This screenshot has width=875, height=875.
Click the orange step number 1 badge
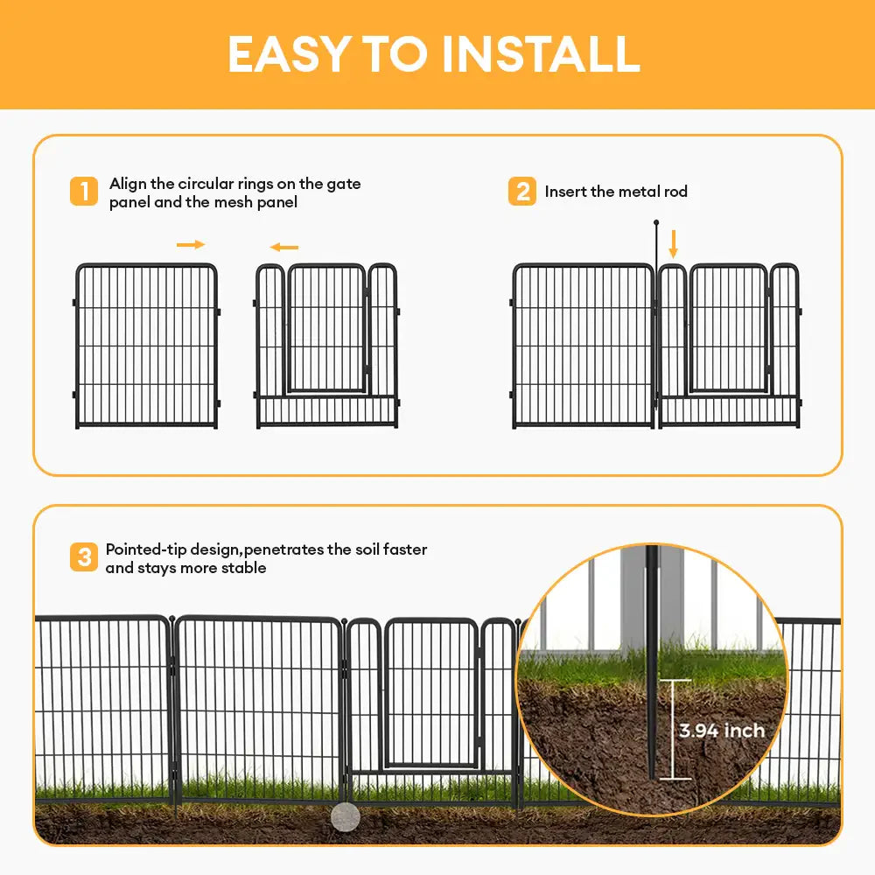(84, 191)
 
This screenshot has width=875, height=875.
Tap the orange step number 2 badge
(522, 191)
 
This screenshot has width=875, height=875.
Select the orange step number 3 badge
(84, 557)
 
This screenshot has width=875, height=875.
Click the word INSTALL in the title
(541, 54)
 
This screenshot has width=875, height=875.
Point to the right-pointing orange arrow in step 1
(191, 244)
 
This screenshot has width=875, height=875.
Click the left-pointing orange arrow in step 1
(284, 248)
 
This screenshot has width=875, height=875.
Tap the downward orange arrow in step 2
(673, 242)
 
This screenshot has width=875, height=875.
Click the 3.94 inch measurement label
(722, 731)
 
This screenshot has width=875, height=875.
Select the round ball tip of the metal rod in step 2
(655, 223)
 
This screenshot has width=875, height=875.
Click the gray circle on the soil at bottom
(346, 817)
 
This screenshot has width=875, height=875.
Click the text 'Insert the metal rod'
(616, 192)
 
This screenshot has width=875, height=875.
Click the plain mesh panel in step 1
(146, 346)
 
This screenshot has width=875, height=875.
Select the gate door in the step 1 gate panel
(326, 328)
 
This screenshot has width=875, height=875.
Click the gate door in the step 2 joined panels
(728, 328)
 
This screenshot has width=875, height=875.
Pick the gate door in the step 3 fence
(430, 691)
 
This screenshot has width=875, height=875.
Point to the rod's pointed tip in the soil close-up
(652, 774)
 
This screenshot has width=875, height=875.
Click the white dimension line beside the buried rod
(670, 729)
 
